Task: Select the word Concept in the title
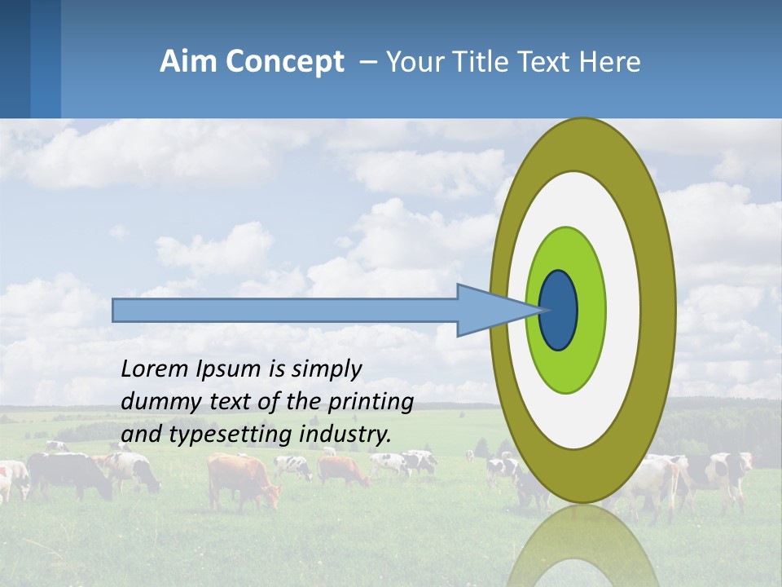coord(284,62)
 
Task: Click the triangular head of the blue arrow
coord(489,310)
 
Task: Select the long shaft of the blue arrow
coord(285,310)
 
